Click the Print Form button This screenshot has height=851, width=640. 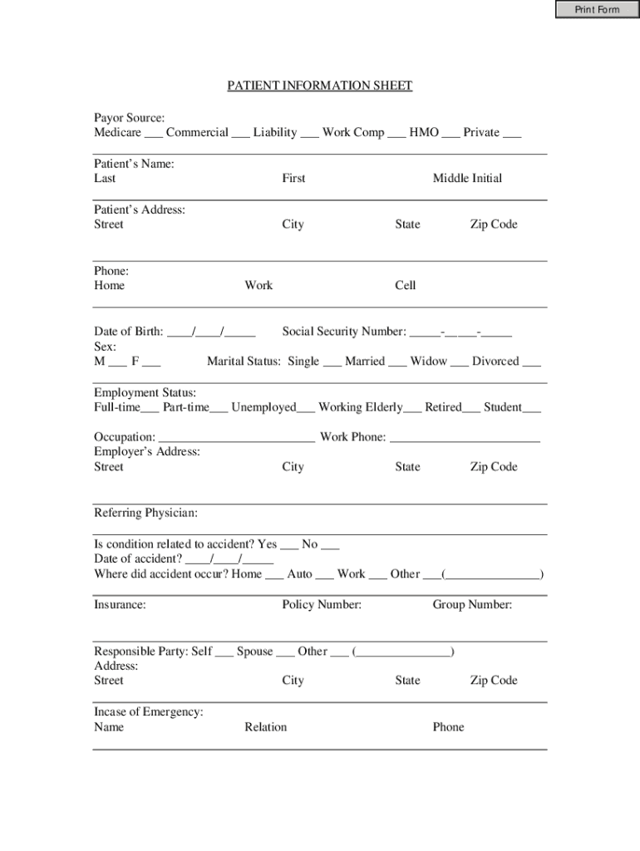coord(598,10)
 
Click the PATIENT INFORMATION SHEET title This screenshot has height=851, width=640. coord(320,86)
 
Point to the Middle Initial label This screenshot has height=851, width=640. coord(467,178)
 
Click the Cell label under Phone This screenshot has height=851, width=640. coord(406,285)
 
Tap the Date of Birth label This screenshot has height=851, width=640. coord(128,332)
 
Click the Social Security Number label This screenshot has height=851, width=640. coord(344,332)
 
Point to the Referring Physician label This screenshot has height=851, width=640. coord(145,513)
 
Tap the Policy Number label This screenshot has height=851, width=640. coord(322,605)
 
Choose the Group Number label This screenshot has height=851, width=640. coord(472,605)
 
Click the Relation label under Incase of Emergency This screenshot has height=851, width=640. coord(265,727)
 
